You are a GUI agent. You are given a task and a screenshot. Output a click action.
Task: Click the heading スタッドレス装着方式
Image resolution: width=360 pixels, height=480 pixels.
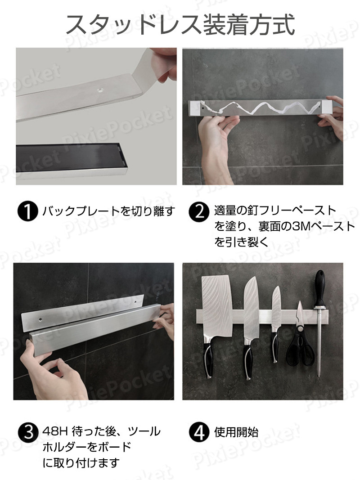[180, 24]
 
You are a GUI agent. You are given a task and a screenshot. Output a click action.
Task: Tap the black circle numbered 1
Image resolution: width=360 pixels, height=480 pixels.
[27, 211]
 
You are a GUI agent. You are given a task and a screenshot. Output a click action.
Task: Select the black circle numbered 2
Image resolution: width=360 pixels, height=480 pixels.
[199, 212]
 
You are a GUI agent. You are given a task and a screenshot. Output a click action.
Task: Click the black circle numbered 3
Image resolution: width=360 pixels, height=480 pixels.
[28, 432]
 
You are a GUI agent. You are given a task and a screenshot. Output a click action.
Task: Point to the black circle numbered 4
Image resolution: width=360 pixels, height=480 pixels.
[199, 432]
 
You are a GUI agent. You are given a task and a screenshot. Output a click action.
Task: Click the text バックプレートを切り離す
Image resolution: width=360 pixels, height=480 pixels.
[108, 211]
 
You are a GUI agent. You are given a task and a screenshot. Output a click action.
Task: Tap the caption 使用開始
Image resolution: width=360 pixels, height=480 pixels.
[236, 432]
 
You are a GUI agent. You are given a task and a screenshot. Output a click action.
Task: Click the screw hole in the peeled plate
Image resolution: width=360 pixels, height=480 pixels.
[100, 90]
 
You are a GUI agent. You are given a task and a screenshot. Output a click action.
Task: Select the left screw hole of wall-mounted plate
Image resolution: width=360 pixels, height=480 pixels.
[40, 319]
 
